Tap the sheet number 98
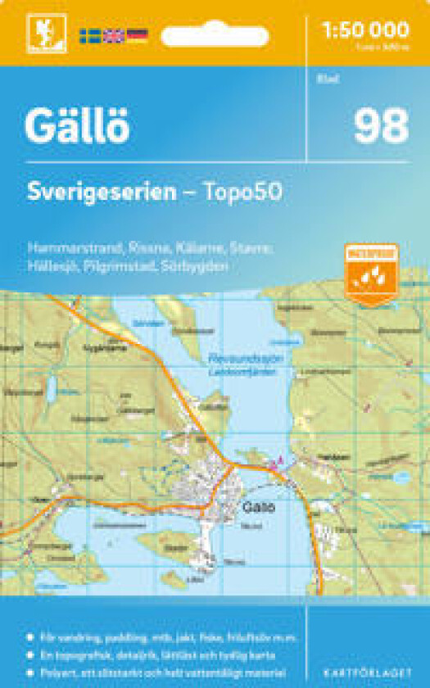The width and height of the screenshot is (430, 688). coord(380,125)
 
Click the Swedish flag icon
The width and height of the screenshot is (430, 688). coord(90,35)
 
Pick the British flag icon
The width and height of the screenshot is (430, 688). coord(113,35)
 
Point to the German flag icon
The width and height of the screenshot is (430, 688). coord(137,35)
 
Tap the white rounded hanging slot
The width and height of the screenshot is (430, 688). coord(214,36)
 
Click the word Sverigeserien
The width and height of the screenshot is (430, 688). coord(101,192)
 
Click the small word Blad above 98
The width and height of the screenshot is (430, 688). coord(323,79)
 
